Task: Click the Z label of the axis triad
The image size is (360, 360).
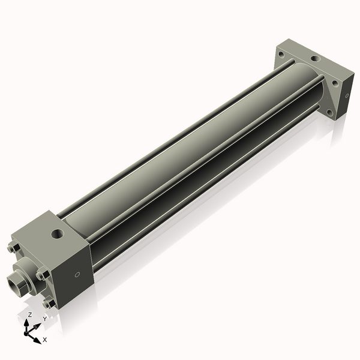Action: coord(29,314)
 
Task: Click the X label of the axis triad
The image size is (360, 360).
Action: coord(44,340)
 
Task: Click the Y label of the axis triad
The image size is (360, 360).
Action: coord(44,319)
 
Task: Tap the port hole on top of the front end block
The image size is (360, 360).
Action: coord(58,232)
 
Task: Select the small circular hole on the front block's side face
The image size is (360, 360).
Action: coord(77,275)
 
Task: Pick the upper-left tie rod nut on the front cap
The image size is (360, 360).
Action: coord(14,248)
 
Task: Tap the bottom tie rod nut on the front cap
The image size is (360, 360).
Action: coord(49,303)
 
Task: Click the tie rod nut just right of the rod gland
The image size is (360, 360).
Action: coord(42,275)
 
